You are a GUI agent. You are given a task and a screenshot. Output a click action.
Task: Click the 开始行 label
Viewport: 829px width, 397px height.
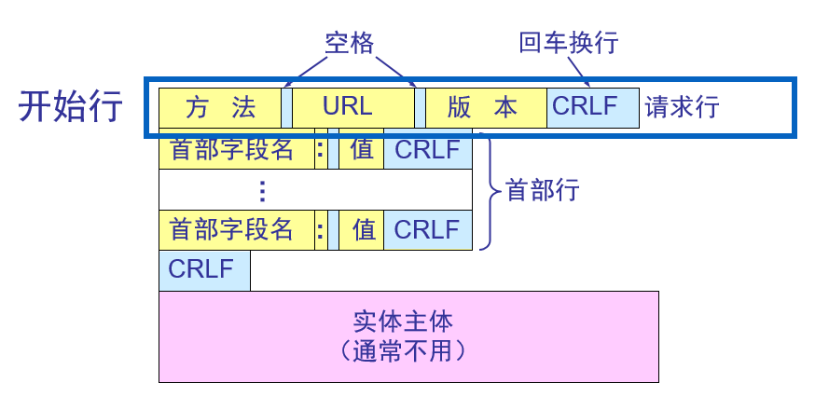click(71, 107)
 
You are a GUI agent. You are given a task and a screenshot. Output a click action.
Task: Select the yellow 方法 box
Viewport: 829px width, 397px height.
click(220, 107)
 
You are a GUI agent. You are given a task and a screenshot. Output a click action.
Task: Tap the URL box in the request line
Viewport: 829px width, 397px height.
click(352, 107)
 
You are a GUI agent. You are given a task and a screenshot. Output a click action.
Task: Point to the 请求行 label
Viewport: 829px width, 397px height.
click(682, 107)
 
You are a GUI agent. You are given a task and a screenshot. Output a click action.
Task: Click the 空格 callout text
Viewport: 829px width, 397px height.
click(349, 43)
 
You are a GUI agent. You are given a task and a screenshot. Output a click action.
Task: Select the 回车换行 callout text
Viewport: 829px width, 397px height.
click(568, 43)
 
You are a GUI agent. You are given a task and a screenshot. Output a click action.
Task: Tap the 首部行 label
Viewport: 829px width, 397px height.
click(543, 191)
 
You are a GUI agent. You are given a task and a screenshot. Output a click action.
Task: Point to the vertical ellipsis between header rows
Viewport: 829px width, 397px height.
click(262, 191)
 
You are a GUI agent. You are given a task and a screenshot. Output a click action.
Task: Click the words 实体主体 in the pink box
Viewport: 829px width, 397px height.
click(403, 322)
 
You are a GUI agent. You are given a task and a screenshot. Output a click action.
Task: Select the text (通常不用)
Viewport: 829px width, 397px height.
click(403, 352)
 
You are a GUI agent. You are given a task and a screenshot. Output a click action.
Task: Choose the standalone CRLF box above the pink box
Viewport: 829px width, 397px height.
click(204, 270)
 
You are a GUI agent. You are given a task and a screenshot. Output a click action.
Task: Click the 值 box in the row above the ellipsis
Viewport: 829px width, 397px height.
click(362, 151)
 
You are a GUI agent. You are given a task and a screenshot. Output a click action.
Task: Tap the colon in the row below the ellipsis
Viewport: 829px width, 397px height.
click(321, 229)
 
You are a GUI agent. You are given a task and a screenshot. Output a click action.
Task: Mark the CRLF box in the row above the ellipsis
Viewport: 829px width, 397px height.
click(427, 151)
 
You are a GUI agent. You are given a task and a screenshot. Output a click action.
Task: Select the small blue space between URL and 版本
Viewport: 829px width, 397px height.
click(420, 107)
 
